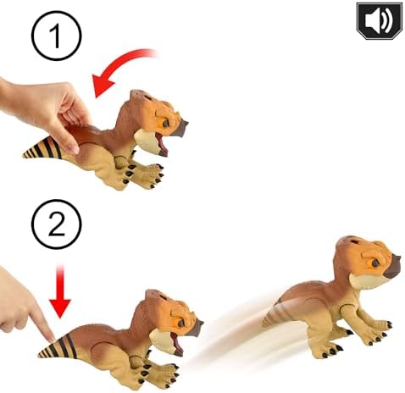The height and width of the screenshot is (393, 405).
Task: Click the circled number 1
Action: pos(57,36)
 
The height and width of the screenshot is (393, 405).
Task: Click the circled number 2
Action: pos(57,224)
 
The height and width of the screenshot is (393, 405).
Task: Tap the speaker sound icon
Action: pos(379,21)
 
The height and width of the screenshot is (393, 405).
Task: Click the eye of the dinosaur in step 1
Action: pos(165,124)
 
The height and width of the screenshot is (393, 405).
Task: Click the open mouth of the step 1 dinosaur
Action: pos(161,143)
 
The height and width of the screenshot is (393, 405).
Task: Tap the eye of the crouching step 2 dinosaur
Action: pos(180,323)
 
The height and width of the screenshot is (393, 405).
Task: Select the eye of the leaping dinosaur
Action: pos(375,263)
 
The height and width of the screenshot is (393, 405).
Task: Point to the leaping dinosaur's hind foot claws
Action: pos(330,351)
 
